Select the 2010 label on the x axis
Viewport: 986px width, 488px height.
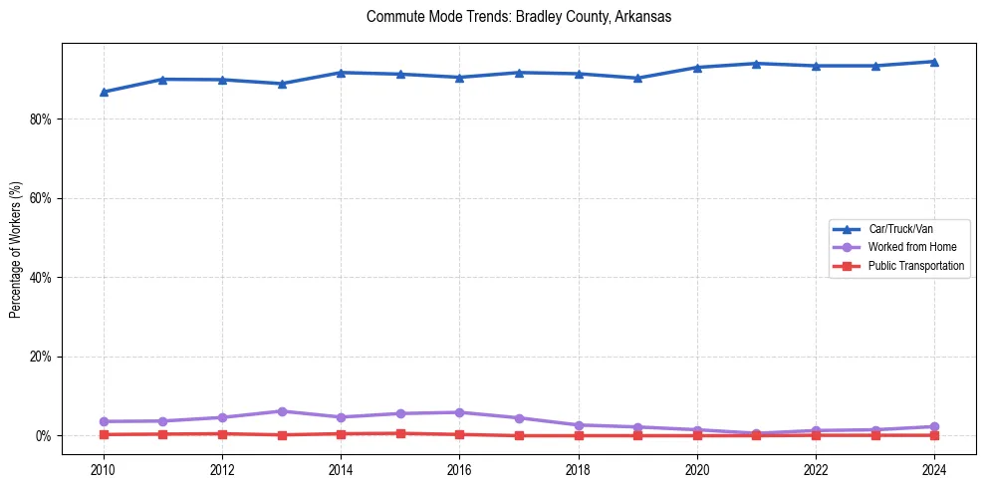103,469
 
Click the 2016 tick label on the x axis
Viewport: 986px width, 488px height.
459,469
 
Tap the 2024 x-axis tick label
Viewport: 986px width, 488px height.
934,469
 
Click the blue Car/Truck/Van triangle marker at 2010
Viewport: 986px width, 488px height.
103,92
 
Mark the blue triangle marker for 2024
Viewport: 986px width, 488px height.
934,62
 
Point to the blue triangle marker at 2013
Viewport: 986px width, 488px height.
282,84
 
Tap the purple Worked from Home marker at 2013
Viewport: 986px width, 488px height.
282,411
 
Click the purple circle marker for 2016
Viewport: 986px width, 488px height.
459,412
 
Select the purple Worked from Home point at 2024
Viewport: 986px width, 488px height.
934,426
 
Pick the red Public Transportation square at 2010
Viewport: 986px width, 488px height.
103,434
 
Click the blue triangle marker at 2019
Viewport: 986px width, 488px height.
637,78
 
